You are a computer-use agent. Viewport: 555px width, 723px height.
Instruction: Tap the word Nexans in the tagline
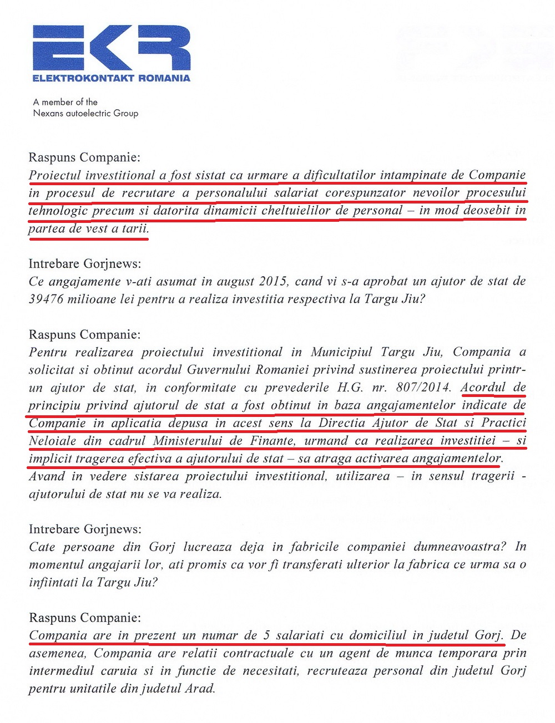[x=48, y=113]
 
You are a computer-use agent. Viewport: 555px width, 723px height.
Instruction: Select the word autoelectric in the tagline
[x=88, y=113]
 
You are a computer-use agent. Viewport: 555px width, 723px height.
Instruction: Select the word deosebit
[x=487, y=211]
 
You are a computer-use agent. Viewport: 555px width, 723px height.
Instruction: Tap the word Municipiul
[x=341, y=352]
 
